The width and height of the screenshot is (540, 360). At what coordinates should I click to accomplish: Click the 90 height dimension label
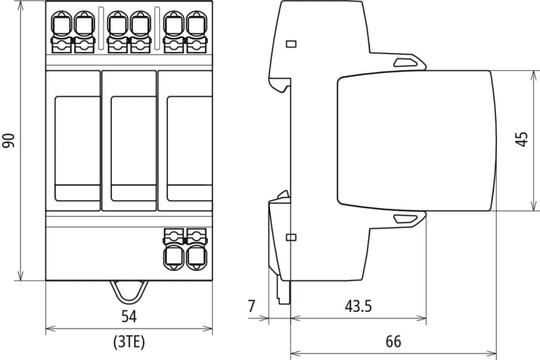(x=9, y=140)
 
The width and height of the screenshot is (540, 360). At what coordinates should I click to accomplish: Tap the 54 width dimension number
(x=129, y=316)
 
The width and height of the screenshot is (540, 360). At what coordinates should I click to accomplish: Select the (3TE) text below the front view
(x=129, y=342)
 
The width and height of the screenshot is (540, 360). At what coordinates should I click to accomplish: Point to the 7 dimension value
(x=252, y=306)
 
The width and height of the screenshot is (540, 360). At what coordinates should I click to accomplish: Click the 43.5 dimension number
(x=358, y=306)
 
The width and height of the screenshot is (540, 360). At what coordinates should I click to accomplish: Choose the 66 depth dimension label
(x=394, y=341)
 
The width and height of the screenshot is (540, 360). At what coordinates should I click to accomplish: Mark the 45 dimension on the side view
(x=522, y=139)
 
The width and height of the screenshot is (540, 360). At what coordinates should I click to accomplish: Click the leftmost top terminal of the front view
(x=61, y=32)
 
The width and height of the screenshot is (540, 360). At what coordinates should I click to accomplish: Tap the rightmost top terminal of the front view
(x=196, y=32)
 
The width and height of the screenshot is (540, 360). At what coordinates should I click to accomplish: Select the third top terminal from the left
(x=117, y=32)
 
